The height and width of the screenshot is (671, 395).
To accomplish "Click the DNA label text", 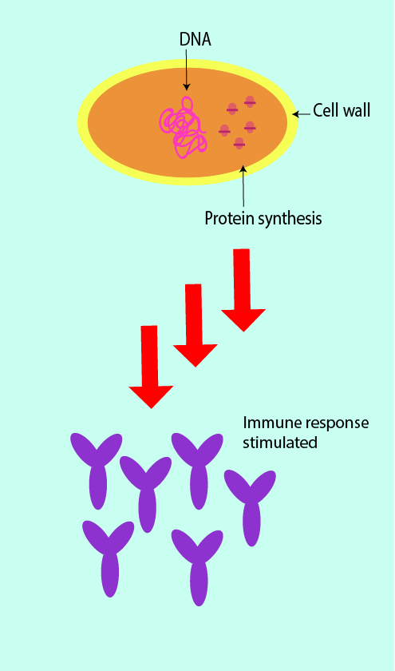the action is tap(195, 39).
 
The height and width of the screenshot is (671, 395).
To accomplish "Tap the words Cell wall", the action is tap(342, 110).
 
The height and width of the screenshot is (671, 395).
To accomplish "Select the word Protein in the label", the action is tap(229, 219).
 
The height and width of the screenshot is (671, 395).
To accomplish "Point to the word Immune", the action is tap(270, 423).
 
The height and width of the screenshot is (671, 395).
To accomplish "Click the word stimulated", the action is tap(280, 442).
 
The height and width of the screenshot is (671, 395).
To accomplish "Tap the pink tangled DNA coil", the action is tap(183, 128).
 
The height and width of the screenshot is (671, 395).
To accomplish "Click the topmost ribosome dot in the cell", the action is tap(250, 102).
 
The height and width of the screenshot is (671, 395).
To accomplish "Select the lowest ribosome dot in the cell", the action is tap(239, 144).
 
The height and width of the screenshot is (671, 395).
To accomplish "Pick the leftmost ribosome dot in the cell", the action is tap(224, 131).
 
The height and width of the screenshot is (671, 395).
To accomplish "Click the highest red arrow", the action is tap(243, 290).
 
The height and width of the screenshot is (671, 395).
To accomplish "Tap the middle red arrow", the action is tap(195, 325).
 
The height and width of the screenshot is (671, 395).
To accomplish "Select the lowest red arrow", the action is tap(151, 367).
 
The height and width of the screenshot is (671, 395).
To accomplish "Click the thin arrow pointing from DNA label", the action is tap(186, 69).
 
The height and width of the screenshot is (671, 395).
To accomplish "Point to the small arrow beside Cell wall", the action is tap(302, 113).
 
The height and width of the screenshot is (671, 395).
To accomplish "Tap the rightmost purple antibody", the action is tap(251, 507).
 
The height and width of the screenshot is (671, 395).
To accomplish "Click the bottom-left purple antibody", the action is tap(109, 558).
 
